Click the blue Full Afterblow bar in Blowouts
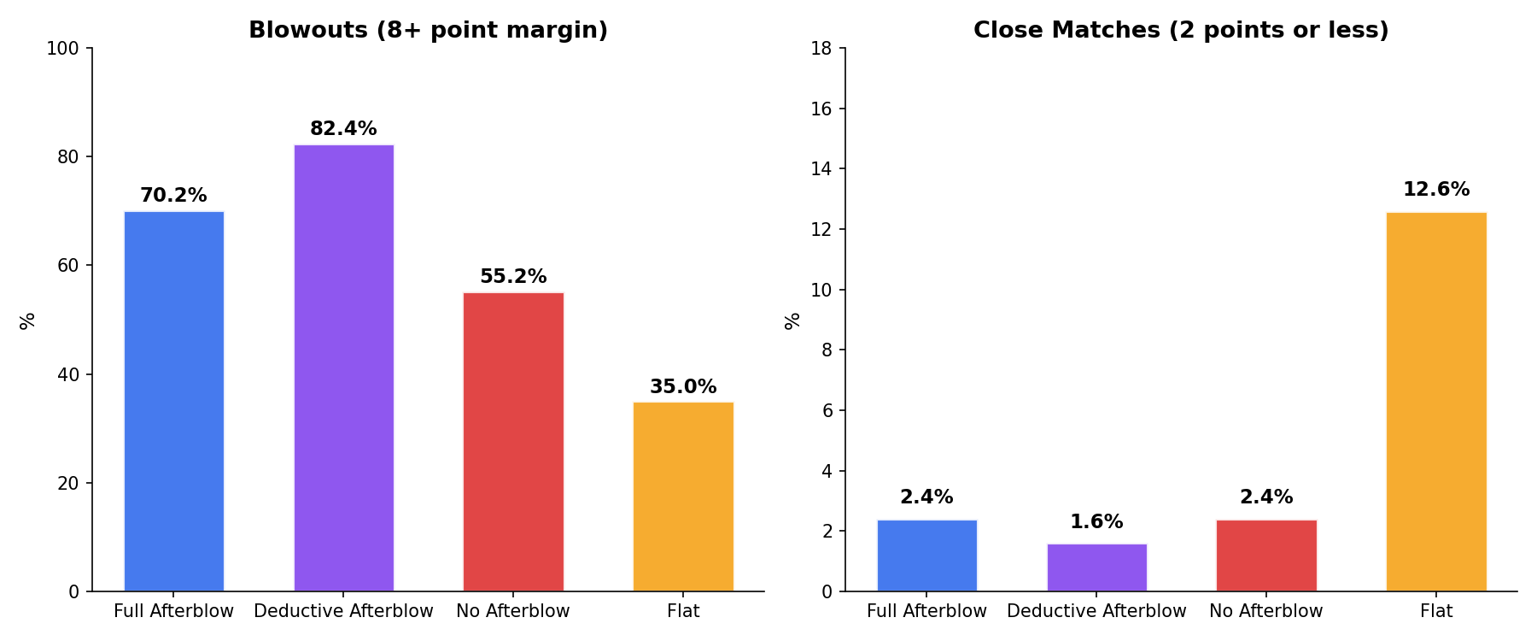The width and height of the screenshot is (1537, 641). pos(173,401)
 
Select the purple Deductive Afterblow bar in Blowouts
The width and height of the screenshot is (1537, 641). pos(343,368)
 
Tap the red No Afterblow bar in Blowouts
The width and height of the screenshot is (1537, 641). pos(513,441)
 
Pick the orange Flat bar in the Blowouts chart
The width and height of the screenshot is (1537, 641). pos(683,496)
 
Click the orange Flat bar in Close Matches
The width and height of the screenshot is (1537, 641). pos(1436,401)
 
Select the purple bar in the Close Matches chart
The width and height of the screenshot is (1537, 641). pos(1096,567)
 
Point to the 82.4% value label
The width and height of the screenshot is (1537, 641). pos(343,129)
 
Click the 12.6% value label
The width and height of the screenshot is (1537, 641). pos(1436,190)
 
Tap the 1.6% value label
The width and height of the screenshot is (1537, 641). pos(1096,522)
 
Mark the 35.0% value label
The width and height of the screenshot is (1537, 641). pos(683,387)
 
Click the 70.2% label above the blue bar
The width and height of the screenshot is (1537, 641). pos(173,196)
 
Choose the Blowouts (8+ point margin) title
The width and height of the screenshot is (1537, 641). pos(428,31)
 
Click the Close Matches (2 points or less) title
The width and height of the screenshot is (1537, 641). pos(1181,31)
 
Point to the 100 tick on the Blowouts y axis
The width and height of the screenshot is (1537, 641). pos(62,49)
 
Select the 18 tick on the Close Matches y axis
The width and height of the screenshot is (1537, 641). pos(821,49)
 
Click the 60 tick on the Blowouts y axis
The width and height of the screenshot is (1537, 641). pos(67,266)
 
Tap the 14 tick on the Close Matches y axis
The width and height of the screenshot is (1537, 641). pos(821,169)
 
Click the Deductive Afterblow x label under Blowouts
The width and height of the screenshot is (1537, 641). pos(343,612)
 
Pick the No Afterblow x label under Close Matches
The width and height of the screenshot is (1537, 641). pos(1266,612)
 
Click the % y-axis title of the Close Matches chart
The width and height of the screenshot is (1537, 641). pos(792,320)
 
